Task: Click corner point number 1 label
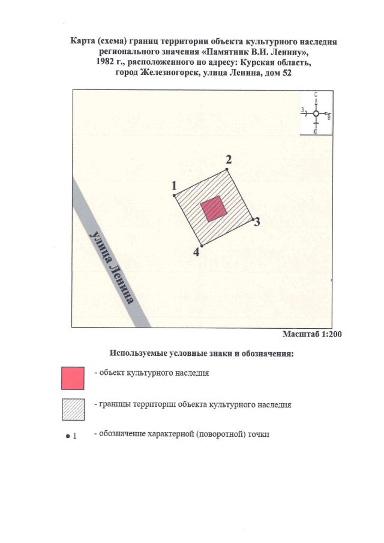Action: (x=174, y=186)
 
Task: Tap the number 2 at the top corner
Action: (x=229, y=160)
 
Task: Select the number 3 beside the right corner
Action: (x=257, y=221)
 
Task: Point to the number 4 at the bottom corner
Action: (x=196, y=252)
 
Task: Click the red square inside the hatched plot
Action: (x=214, y=209)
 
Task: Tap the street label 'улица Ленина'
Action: (x=112, y=267)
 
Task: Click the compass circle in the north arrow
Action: (x=316, y=113)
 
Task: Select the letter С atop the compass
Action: (x=316, y=94)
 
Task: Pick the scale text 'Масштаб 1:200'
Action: (x=312, y=334)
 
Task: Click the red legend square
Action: (x=73, y=379)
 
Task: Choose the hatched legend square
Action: (x=73, y=409)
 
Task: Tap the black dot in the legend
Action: (x=68, y=436)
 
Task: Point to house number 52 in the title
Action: (x=286, y=73)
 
